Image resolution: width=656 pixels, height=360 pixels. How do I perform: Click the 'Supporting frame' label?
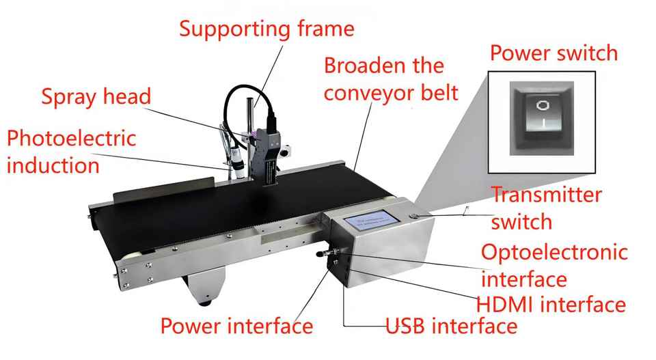(x=267, y=29)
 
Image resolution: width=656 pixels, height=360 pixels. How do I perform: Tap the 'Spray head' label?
(x=96, y=96)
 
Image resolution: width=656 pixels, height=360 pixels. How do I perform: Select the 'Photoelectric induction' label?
(x=71, y=151)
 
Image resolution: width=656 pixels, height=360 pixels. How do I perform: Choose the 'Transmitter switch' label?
(x=547, y=208)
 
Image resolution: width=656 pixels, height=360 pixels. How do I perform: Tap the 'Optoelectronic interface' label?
(x=554, y=265)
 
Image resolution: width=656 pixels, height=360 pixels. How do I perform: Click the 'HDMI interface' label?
(x=552, y=304)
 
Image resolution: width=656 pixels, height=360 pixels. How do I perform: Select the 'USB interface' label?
(x=451, y=326)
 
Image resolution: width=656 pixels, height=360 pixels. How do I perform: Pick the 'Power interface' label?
(x=236, y=326)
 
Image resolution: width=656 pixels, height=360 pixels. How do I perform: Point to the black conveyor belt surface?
(x=225, y=205)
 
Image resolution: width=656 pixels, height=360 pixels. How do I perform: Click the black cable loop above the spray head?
(x=243, y=102)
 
